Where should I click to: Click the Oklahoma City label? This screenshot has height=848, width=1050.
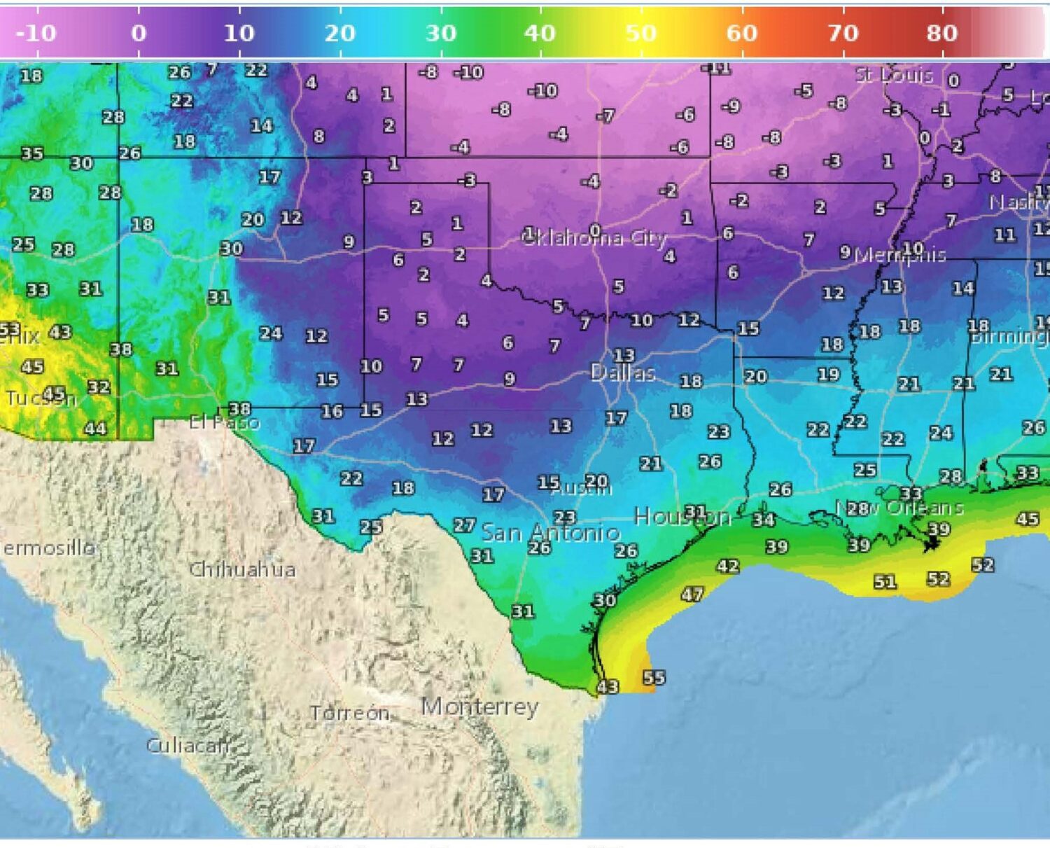coord(595,238)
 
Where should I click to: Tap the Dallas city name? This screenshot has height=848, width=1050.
coord(622,373)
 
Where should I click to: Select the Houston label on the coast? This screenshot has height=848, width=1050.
coord(682,517)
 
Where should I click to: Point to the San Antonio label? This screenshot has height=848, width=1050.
coord(550,533)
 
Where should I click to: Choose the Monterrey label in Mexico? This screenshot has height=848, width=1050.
coord(479,707)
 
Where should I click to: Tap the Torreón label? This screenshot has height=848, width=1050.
coord(349,713)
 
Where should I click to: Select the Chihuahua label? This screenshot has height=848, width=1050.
coord(242,569)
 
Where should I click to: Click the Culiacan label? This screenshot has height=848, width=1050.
coord(187,745)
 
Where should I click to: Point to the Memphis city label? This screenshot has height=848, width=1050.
coord(900,255)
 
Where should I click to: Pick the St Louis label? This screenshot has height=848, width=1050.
coord(894,75)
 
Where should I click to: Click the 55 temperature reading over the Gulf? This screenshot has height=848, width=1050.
coord(654,677)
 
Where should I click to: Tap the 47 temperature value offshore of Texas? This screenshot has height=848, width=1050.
coord(692,595)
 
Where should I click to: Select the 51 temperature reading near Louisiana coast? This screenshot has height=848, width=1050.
coord(885,582)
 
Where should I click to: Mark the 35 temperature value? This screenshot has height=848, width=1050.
coord(31,153)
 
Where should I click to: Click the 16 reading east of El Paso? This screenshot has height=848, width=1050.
coord(332,411)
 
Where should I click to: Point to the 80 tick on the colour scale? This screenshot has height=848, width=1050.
coord(941,33)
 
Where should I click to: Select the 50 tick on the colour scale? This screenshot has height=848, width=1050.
coord(640,33)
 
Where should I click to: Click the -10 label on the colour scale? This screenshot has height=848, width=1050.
coord(36,33)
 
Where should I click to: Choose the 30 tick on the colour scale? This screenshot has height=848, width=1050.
coord(440,33)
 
